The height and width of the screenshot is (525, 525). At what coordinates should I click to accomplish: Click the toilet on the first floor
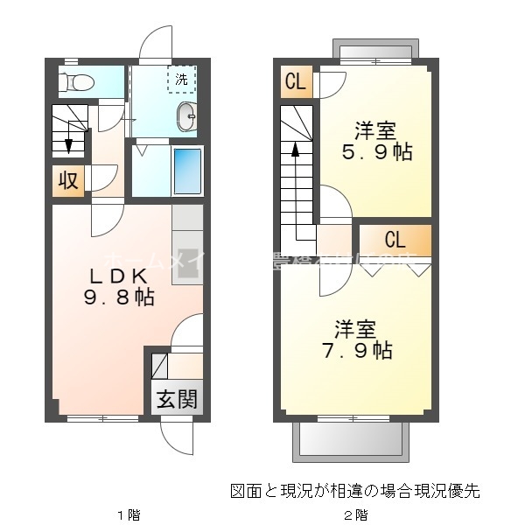click(x=77, y=83)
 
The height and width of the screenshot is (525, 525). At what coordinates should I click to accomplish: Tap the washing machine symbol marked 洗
click(x=181, y=80)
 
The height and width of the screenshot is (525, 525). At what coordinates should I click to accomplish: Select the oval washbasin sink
click(x=186, y=115)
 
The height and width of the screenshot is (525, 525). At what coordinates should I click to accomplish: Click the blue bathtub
click(x=187, y=171)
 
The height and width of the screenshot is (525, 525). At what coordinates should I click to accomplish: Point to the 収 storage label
click(x=68, y=181)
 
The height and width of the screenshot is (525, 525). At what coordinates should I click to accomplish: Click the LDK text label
click(x=119, y=274)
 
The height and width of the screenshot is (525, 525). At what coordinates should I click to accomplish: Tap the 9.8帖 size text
click(x=119, y=297)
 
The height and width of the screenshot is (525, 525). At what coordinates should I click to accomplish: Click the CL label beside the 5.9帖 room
click(x=296, y=83)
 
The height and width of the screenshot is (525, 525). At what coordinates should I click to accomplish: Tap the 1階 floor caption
click(x=128, y=514)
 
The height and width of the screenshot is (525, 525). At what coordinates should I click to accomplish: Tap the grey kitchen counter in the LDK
click(x=187, y=245)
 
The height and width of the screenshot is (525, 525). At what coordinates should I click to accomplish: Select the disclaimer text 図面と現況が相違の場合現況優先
click(x=355, y=490)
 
